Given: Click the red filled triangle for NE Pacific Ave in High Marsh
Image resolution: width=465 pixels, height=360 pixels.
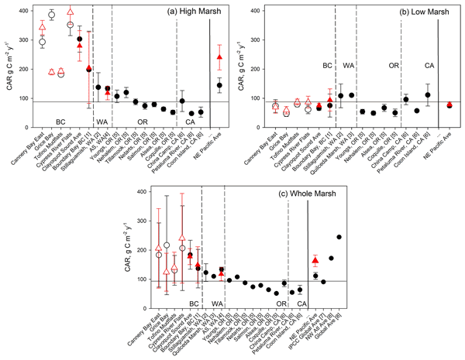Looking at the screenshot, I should [220, 57].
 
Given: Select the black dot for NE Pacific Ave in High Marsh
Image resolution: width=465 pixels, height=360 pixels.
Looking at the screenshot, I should [220, 85].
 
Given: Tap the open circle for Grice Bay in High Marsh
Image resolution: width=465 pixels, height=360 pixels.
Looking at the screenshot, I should [52, 15].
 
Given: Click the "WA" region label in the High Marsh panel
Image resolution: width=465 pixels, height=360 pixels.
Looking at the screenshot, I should [102, 121].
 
